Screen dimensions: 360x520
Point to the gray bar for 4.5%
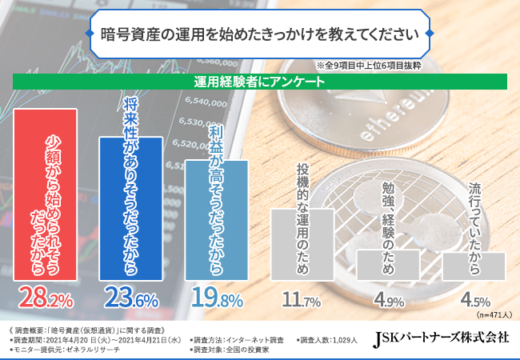click(x=474, y=266)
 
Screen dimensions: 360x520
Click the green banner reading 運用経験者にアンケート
click(x=260, y=82)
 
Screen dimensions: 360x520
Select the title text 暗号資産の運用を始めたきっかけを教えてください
click(x=260, y=35)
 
